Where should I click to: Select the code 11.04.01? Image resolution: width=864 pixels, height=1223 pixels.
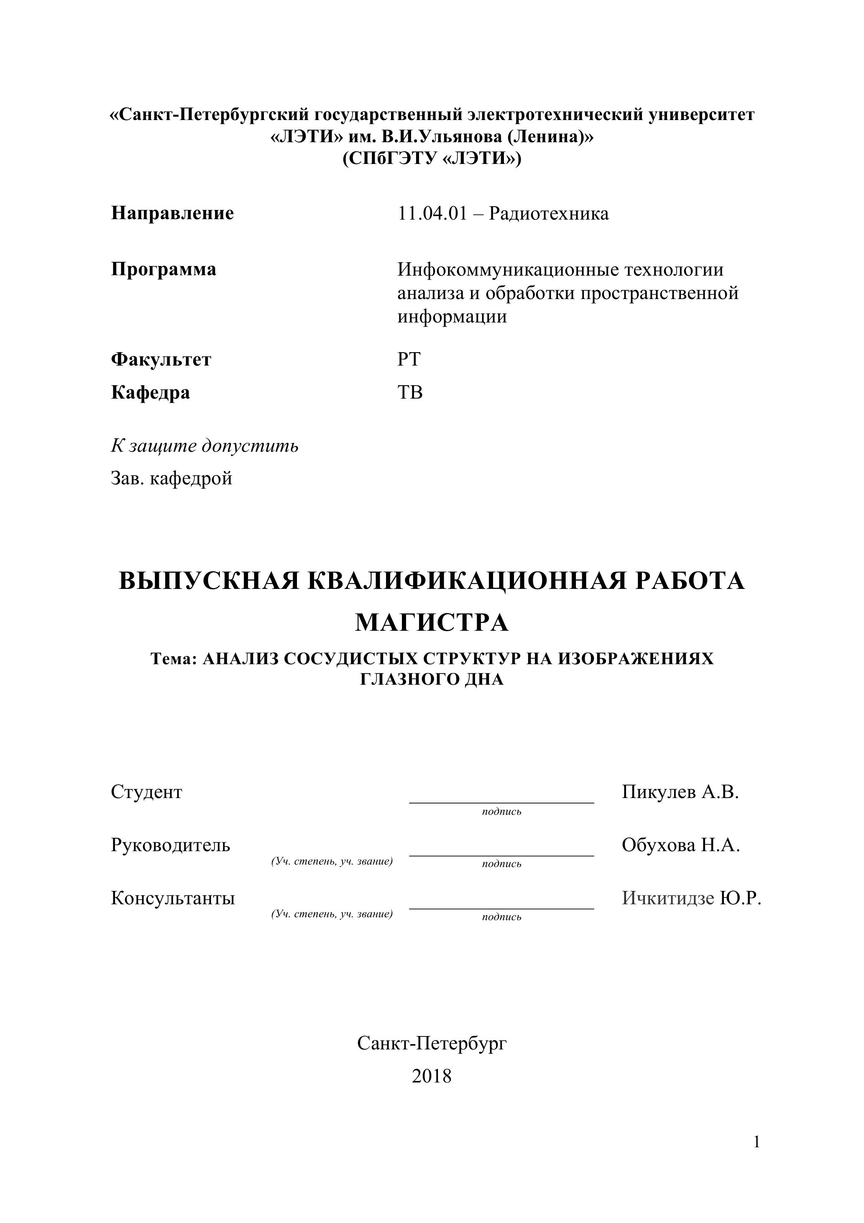click(432, 214)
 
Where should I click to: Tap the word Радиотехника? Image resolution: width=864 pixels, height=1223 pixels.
click(549, 214)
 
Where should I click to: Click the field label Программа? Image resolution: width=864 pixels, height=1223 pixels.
click(164, 269)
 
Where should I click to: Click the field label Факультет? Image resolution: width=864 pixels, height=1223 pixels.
click(161, 360)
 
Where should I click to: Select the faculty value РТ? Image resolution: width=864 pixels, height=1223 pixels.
click(409, 360)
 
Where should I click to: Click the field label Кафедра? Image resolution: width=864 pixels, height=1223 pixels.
click(150, 393)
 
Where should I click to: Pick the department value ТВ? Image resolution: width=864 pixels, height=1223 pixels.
click(410, 393)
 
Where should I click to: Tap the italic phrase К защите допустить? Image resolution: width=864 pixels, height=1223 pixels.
click(204, 445)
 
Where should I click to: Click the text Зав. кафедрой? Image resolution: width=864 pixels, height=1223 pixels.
click(171, 478)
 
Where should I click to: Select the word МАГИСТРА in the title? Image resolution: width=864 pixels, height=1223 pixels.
click(432, 622)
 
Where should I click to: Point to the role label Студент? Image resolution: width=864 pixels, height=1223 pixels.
click(146, 792)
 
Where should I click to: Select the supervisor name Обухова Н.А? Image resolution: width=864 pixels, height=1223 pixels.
click(681, 845)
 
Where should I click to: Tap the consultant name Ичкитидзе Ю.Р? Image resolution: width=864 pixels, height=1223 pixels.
click(691, 898)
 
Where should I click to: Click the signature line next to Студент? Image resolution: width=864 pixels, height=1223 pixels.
click(501, 802)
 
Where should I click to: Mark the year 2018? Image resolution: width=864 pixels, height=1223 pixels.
click(432, 1077)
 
